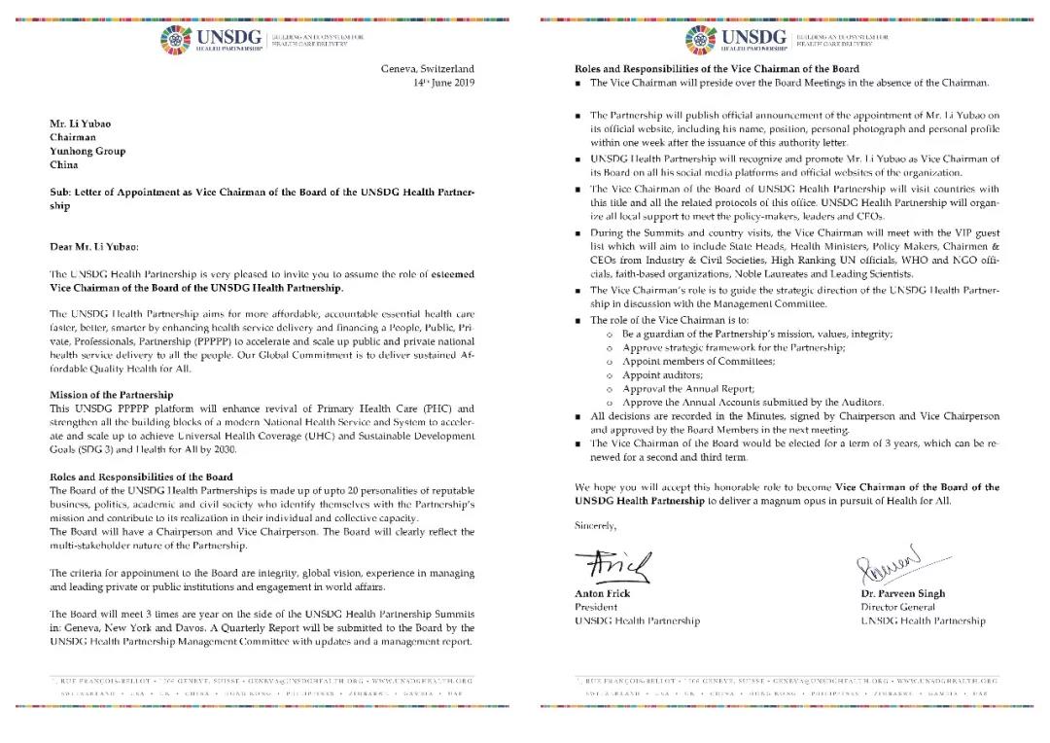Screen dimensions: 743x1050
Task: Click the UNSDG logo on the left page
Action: [x=225, y=41]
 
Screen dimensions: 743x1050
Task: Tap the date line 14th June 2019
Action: [x=439, y=84]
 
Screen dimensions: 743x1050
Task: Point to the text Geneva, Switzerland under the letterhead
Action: [x=427, y=69]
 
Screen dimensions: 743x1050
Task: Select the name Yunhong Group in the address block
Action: [x=87, y=151]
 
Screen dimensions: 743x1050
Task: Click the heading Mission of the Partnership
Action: [x=111, y=395]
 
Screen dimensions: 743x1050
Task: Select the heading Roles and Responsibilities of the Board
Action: [x=141, y=477]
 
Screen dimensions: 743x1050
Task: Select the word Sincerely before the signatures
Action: [x=595, y=525]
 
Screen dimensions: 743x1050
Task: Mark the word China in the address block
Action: [x=63, y=164]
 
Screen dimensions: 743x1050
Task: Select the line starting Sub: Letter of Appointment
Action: [x=262, y=192]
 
